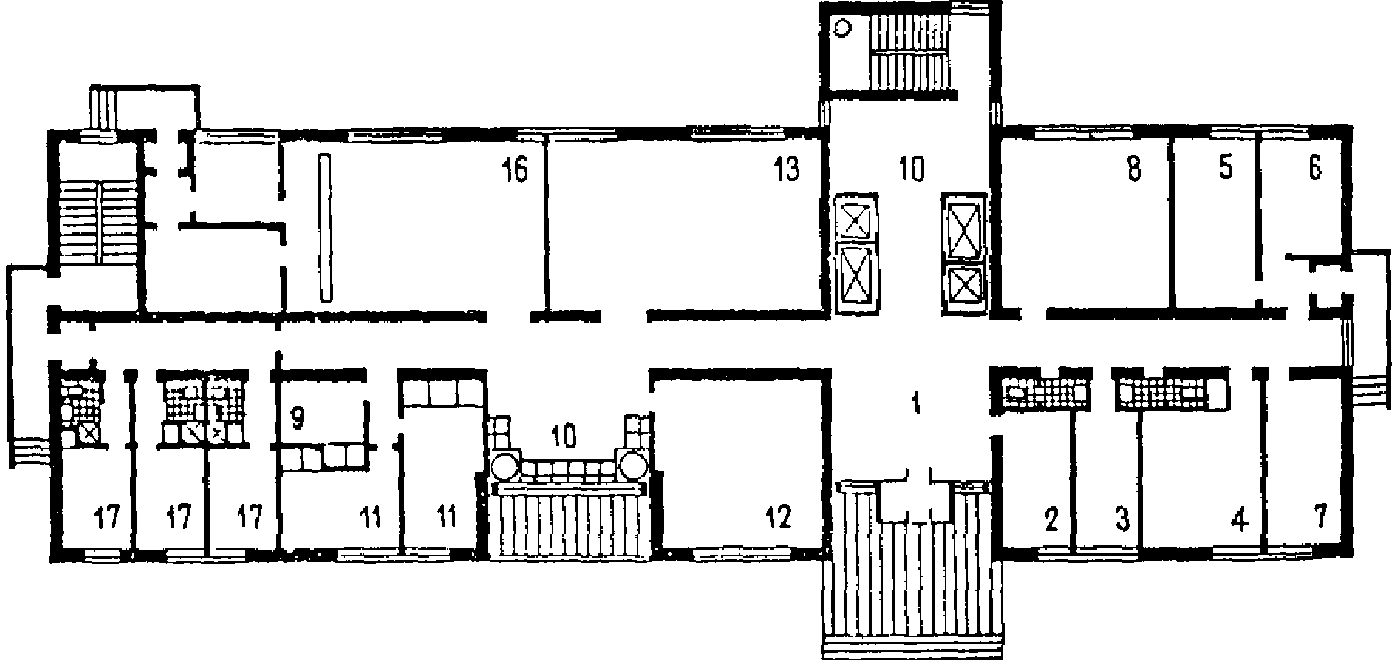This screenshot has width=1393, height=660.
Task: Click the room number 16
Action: click(x=515, y=170)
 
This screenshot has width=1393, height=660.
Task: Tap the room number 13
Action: click(x=787, y=170)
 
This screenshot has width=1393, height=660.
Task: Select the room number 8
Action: click(x=1134, y=170)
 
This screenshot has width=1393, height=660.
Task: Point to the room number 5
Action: click(x=1225, y=169)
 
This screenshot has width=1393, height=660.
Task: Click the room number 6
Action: click(x=1315, y=169)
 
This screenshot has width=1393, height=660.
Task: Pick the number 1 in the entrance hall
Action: click(x=916, y=404)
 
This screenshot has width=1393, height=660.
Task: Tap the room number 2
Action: click(x=1052, y=520)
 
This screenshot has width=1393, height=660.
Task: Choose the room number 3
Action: click(x=1123, y=520)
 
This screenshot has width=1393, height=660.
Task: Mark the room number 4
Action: click(x=1238, y=520)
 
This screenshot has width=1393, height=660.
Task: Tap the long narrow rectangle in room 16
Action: click(x=324, y=227)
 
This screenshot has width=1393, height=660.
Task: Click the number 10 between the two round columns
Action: click(x=564, y=437)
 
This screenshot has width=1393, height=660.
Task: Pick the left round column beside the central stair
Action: click(x=506, y=467)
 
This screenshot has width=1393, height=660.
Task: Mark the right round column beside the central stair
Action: click(x=634, y=466)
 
